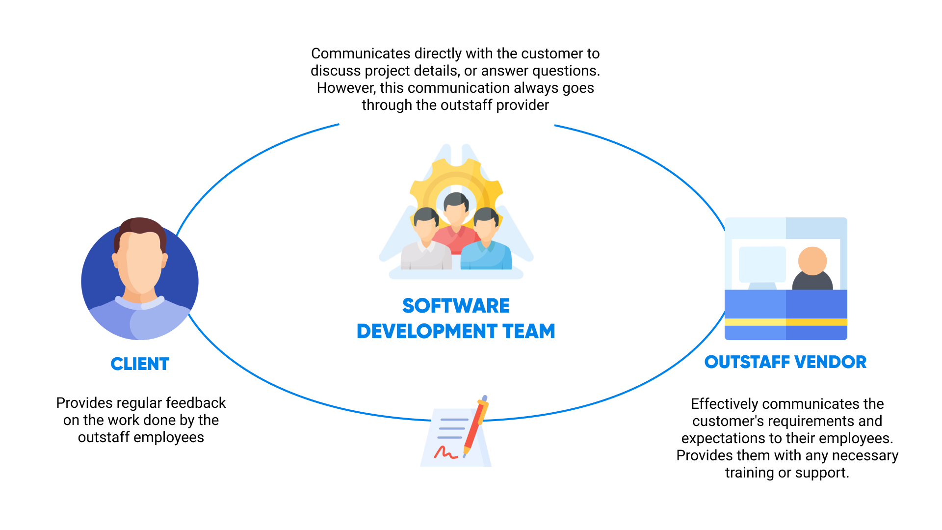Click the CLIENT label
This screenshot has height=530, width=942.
140,364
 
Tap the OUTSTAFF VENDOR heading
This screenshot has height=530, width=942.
785,362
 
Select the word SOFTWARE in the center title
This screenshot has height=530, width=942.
456,306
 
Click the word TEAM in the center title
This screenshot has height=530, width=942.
529,331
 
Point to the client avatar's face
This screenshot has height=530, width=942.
141,263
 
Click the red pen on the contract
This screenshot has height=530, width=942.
475,426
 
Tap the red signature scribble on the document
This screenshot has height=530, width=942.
445,452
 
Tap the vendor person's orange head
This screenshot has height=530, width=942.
812,261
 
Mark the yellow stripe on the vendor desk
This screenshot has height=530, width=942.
786,322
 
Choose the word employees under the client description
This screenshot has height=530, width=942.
176,438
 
